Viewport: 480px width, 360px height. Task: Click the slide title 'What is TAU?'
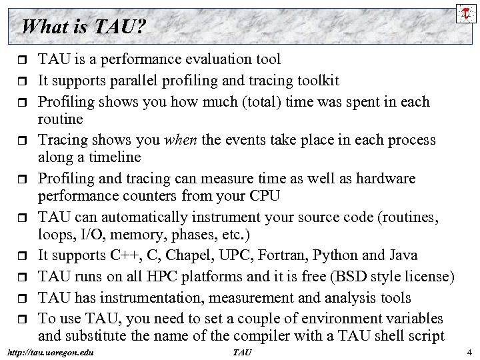(84, 27)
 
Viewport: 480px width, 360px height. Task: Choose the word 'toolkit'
(315, 81)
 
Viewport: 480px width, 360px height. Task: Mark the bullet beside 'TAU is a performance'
(23, 60)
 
